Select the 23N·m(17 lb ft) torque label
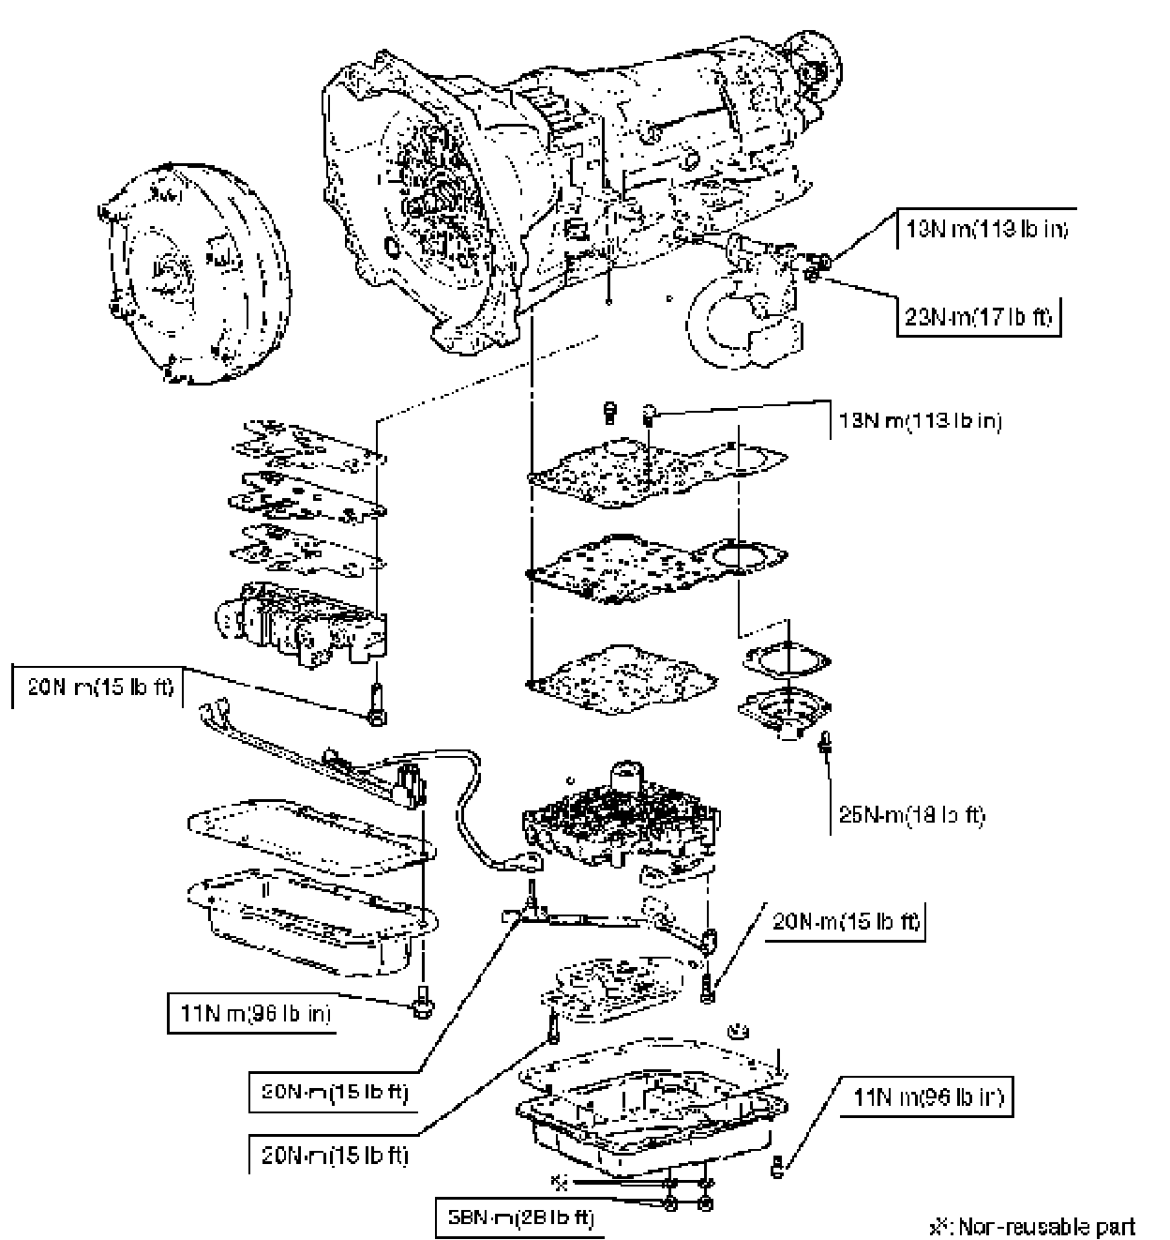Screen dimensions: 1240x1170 (975, 318)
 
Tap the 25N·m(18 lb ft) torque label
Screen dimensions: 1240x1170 (911, 816)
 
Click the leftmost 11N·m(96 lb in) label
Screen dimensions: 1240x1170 (252, 1014)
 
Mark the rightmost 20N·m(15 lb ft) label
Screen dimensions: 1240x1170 (846, 922)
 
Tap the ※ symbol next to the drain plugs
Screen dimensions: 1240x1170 (560, 1180)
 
